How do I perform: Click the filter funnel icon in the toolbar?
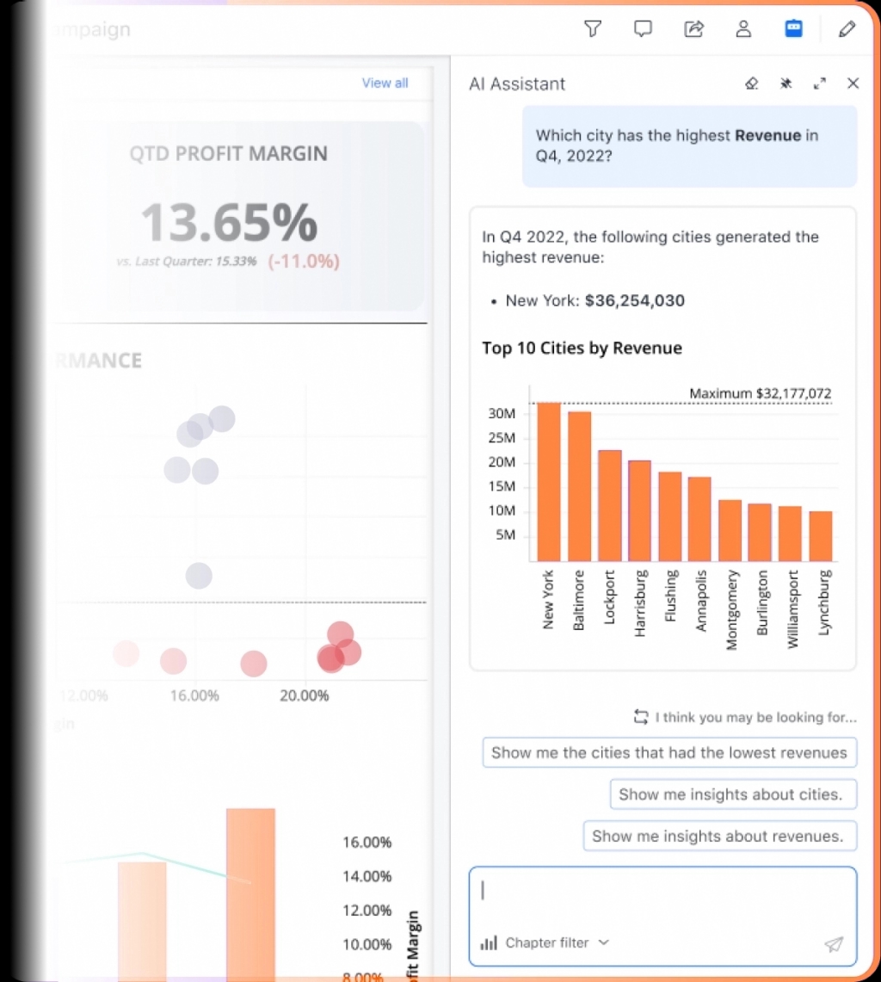point(592,29)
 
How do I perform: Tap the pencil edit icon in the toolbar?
point(847,29)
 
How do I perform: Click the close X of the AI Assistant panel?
point(853,83)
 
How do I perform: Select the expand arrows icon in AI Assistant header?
point(819,83)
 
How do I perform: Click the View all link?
point(385,83)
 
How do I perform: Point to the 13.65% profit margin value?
point(229,222)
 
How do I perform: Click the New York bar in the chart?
point(549,482)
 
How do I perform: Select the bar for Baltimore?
point(579,487)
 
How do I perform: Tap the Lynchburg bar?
point(821,536)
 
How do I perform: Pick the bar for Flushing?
point(670,516)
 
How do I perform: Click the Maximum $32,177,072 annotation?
point(760,393)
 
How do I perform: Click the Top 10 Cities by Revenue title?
point(582,348)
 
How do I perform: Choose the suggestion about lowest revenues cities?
point(669,752)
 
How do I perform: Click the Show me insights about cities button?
point(733,794)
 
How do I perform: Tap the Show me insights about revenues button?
point(719,836)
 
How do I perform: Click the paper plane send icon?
point(833,944)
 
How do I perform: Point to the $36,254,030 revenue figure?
point(634,300)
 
